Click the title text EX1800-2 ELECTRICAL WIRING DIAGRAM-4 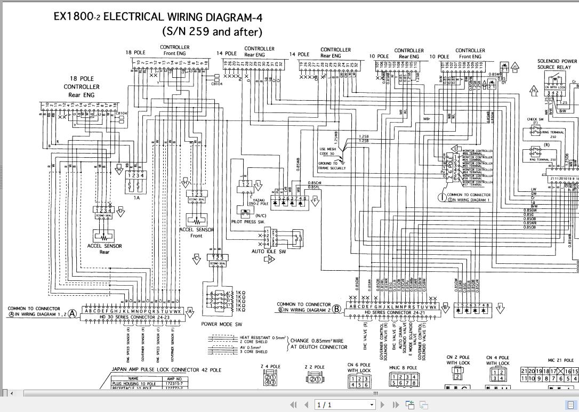[x=158, y=17]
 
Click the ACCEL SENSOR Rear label [x=104, y=249]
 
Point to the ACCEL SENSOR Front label [x=196, y=232]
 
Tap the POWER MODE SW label [x=222, y=324]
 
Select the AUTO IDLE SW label [x=269, y=252]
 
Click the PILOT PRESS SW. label [x=248, y=221]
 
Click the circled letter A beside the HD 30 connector [x=71, y=314]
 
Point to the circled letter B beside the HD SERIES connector [x=336, y=308]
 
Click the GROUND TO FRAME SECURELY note [x=332, y=166]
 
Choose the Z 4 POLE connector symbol [x=270, y=379]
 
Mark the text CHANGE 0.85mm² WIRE [x=318, y=341]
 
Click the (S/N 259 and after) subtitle [x=212, y=31]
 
